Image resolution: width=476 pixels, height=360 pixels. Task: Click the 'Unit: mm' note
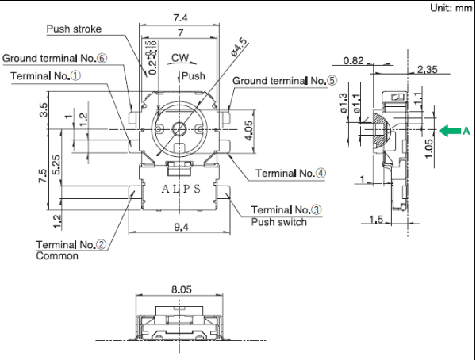[x=451, y=8]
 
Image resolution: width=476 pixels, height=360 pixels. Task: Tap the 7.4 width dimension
[x=179, y=17]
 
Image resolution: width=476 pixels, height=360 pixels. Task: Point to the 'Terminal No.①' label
[x=46, y=75]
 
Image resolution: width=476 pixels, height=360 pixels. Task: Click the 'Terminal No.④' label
[x=290, y=173]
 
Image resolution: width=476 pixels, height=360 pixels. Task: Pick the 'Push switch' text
[x=278, y=222]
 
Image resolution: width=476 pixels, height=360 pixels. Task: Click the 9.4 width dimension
[x=180, y=228]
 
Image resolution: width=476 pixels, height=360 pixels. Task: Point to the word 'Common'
[x=57, y=256]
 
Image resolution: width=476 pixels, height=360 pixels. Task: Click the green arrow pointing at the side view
[x=450, y=132]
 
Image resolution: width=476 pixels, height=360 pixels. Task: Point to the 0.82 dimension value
[x=354, y=61]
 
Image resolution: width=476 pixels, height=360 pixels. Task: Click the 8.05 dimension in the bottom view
[x=181, y=291]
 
